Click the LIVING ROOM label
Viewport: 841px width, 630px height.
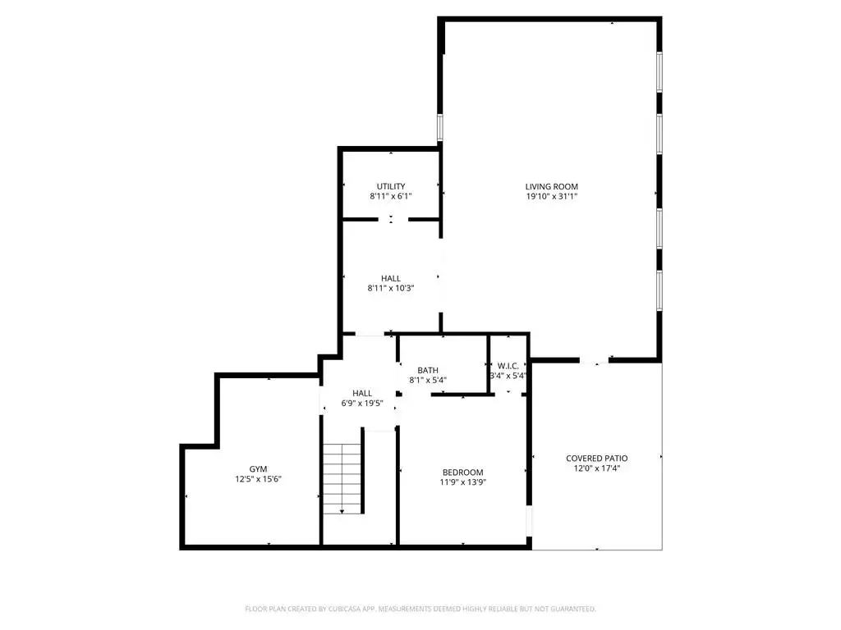[x=551, y=186]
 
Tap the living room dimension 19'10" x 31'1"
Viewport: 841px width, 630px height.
[x=551, y=197]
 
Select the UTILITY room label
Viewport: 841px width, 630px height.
[x=391, y=186]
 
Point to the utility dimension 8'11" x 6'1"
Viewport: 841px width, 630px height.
[x=391, y=197]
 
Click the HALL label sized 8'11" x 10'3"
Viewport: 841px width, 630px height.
[x=391, y=278]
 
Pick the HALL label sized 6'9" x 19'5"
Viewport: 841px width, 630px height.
[x=362, y=393]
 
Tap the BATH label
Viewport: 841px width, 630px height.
[x=428, y=370]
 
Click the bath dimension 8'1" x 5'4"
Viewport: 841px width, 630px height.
[x=428, y=381]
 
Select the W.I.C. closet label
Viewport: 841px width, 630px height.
[x=508, y=366]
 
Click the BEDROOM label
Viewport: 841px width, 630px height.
[x=463, y=472]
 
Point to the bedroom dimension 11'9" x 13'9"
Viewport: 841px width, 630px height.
[x=463, y=482]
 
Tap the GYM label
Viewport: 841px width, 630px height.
[x=258, y=468]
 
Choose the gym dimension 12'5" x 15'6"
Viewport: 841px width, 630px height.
[x=258, y=479]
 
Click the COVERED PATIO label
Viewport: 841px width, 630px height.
[x=597, y=458]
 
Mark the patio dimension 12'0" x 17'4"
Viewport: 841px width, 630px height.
[x=597, y=468]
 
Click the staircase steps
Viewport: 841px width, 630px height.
[x=342, y=478]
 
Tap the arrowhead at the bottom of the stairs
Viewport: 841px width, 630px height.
[x=342, y=512]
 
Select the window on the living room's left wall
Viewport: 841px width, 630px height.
[x=440, y=127]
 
